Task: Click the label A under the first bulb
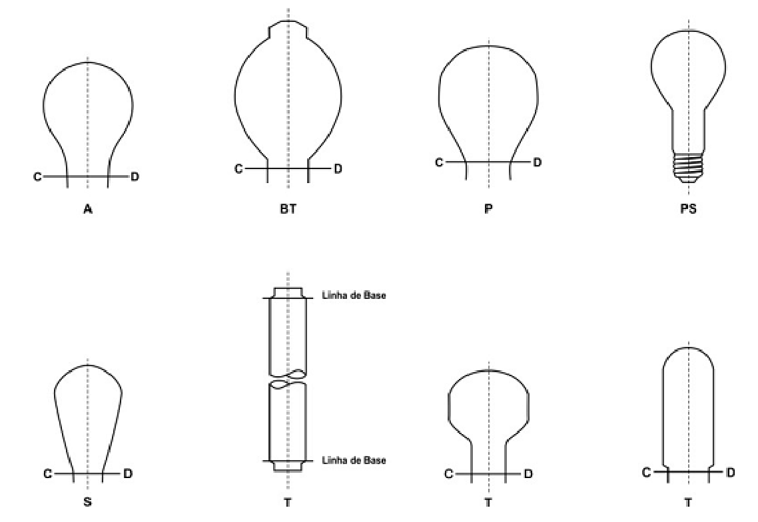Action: (x=87, y=209)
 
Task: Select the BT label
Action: (x=288, y=209)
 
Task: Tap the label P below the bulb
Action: (x=488, y=209)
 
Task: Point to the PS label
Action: (x=688, y=209)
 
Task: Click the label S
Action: (x=87, y=502)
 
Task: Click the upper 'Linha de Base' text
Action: (x=354, y=295)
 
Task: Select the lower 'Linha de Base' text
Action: (x=354, y=460)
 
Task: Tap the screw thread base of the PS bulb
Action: (x=688, y=166)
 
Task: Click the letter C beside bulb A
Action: (x=37, y=177)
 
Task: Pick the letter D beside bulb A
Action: (x=135, y=177)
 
